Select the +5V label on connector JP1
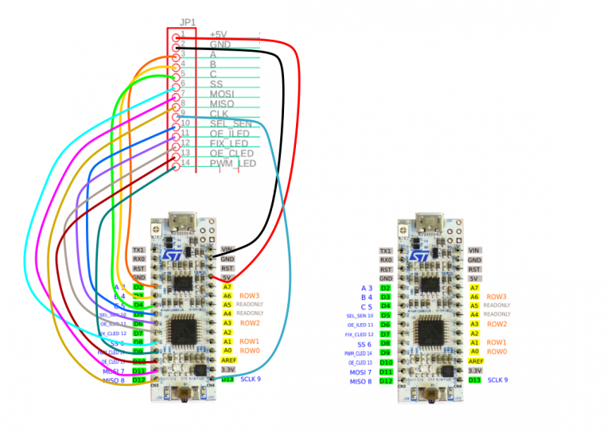pyautogui.click(x=218, y=34)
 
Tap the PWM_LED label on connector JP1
pyautogui.click(x=233, y=163)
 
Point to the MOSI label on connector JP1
pyautogui.click(x=222, y=94)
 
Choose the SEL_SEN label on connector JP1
pyautogui.click(x=231, y=123)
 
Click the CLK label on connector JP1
pyautogui.click(x=219, y=113)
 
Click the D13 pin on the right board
pyautogui.click(x=474, y=380)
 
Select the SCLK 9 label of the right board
pyautogui.click(x=497, y=380)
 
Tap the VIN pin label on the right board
pyautogui.click(x=474, y=250)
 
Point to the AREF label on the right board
pyautogui.click(x=475, y=360)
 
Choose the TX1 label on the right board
pyautogui.click(x=386, y=250)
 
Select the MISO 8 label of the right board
pyautogui.click(x=360, y=381)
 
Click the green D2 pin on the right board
pyautogui.click(x=386, y=287)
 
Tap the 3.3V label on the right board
pyautogui.click(x=475, y=371)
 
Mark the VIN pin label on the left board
pyautogui.click(x=228, y=250)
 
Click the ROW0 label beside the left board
pyautogui.click(x=250, y=351)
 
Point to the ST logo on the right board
pyautogui.click(x=418, y=257)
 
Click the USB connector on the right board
pyautogui.click(x=430, y=223)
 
